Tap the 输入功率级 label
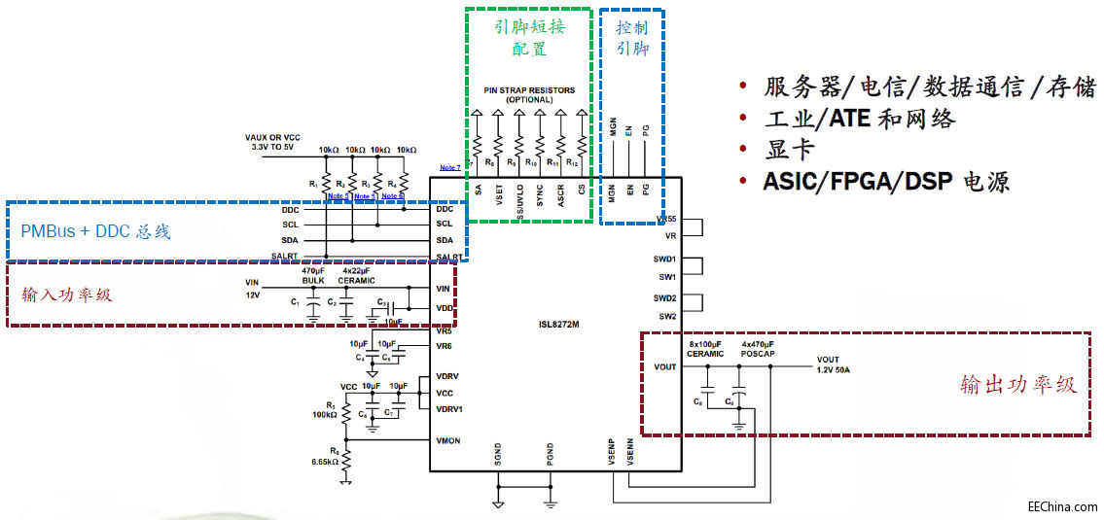pos(66,294)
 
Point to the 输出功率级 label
pos(1017,384)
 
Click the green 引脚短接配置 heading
pos(529,36)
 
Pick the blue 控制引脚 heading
pos(632,36)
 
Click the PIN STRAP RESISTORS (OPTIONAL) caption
pos(529,94)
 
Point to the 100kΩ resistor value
pos(324,414)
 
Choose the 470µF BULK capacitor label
pos(312,275)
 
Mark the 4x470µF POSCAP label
pos(758,348)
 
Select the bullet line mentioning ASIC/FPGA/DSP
pos(886,181)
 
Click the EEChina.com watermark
pos(1062,506)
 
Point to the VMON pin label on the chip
pos(448,440)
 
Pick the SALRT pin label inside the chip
pos(449,257)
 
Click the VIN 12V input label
pos(253,288)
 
